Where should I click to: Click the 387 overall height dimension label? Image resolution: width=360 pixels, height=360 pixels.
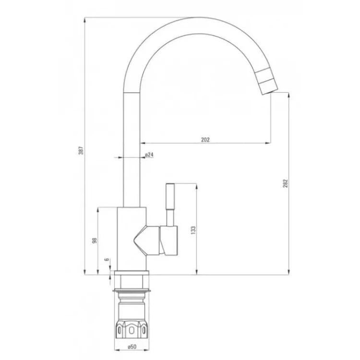coord(81,150)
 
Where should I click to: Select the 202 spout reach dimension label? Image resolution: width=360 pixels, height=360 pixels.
coord(205,140)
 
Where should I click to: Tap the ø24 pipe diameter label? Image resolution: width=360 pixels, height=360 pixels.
coord(149,155)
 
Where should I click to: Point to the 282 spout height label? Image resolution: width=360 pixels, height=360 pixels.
coord(285,183)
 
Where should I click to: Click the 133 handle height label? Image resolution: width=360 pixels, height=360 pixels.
coord(193,230)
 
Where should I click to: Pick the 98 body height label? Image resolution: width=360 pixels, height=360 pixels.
coord(95,240)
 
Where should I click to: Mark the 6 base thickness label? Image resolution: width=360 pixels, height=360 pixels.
coord(107,259)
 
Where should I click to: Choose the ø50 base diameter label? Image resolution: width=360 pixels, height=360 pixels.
coord(132,347)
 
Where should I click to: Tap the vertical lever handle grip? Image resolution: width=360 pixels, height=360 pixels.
coord(170,196)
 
